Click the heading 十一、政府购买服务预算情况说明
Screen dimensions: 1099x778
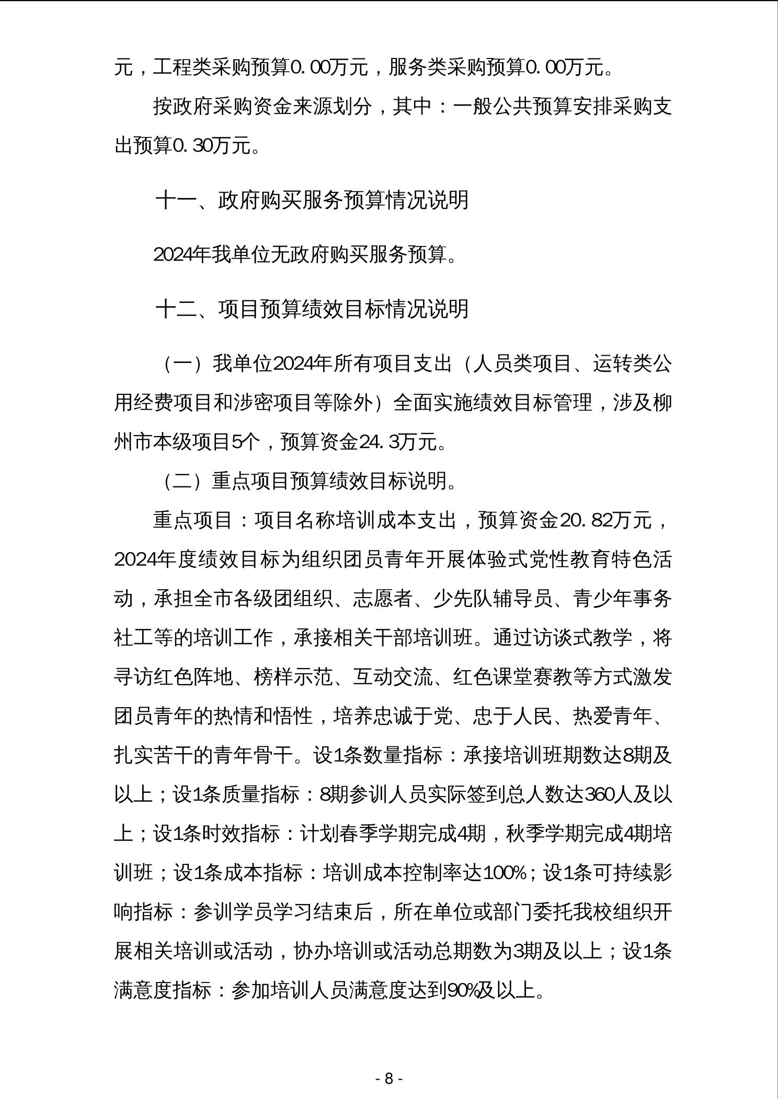[x=312, y=200]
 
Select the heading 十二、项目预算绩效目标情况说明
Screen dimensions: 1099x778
[x=312, y=309]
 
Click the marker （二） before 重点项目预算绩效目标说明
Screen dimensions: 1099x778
[x=182, y=481]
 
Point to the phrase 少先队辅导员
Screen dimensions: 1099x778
[x=493, y=599]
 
